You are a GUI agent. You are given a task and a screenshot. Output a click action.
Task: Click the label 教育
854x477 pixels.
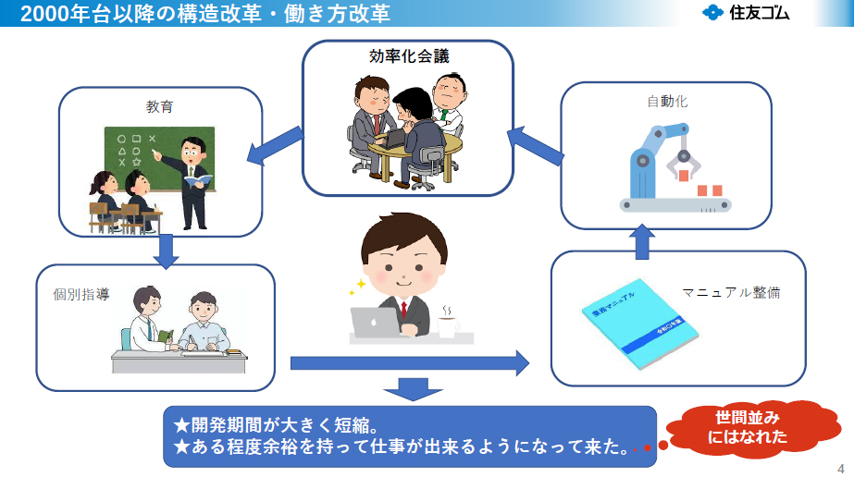(158, 107)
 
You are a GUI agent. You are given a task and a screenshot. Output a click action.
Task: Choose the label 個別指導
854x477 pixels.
(81, 295)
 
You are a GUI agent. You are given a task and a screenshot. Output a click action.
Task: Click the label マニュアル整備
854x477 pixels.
(731, 292)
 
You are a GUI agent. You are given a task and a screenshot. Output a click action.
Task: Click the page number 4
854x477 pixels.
(840, 466)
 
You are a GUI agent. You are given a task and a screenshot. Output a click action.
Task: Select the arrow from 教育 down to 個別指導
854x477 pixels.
(166, 250)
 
